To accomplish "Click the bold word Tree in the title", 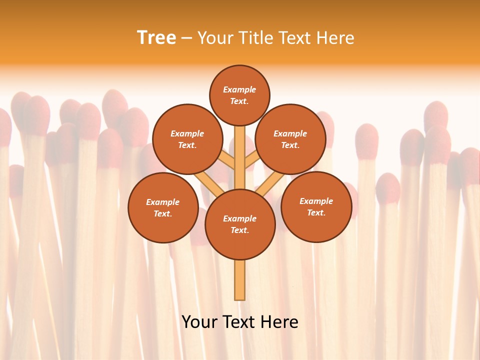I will (x=156, y=38).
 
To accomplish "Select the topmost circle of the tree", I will (x=239, y=95).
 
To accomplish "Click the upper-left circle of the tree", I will (x=187, y=139).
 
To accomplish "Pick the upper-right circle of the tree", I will (x=290, y=139).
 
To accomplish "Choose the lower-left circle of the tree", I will (x=162, y=207).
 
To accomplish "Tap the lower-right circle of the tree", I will (x=316, y=206).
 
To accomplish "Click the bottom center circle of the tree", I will (x=239, y=224).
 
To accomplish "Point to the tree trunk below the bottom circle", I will (x=239, y=280).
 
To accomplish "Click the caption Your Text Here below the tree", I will (x=239, y=322).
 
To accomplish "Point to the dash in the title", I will (x=186, y=38).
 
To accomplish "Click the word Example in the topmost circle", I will (x=239, y=89).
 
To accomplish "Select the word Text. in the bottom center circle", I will (x=239, y=230).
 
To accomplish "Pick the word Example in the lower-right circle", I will (x=316, y=201).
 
